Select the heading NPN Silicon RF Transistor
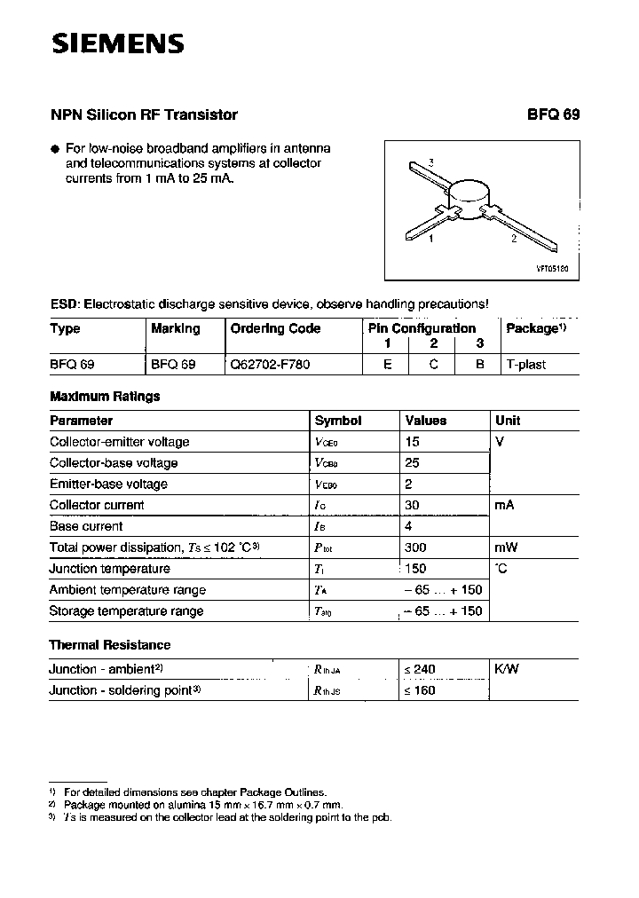pyautogui.click(x=144, y=114)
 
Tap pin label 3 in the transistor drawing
pyautogui.click(x=430, y=161)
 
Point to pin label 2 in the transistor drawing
pyautogui.click(x=513, y=239)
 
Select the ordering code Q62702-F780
pyautogui.click(x=271, y=364)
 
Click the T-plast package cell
pyautogui.click(x=526, y=364)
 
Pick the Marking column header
pyautogui.click(x=176, y=328)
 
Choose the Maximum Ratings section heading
pyautogui.click(x=105, y=397)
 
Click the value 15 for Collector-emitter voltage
pyautogui.click(x=412, y=441)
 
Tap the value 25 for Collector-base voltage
pyautogui.click(x=412, y=462)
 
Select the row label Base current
pyautogui.click(x=86, y=526)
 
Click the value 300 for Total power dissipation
pyautogui.click(x=415, y=547)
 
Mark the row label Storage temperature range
pyautogui.click(x=126, y=610)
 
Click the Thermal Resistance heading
pyautogui.click(x=109, y=644)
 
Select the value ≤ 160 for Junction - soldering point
pyautogui.click(x=420, y=689)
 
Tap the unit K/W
pyautogui.click(x=507, y=668)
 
